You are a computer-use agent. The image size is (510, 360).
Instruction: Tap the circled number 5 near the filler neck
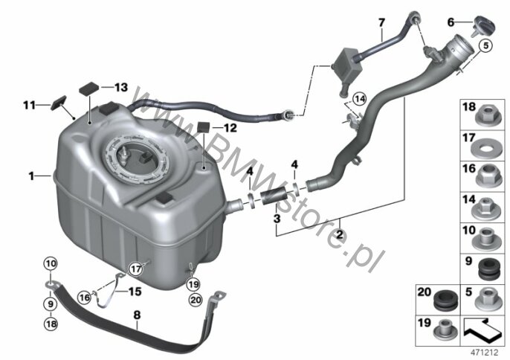(487, 46)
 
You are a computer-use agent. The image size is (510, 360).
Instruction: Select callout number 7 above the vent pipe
(381, 22)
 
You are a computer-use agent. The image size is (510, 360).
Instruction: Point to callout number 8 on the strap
(136, 315)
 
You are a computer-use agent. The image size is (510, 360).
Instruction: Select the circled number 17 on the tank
(135, 269)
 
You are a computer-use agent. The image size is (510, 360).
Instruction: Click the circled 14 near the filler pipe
(360, 99)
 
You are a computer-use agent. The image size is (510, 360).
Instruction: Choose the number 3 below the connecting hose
(276, 219)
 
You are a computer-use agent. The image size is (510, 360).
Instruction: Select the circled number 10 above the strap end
(50, 264)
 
